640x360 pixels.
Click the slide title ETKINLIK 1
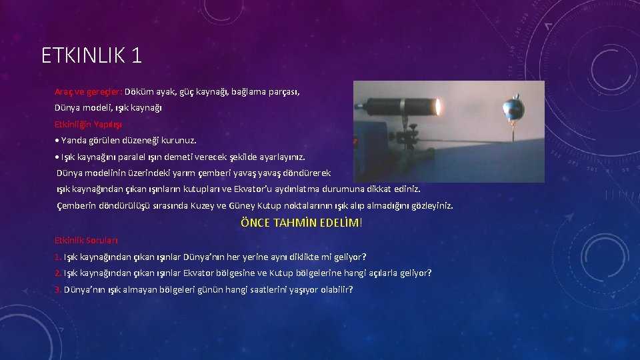click(x=91, y=55)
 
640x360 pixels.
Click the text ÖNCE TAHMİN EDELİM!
click(x=301, y=223)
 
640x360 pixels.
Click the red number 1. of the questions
click(x=58, y=257)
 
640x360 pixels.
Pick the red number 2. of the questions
click(x=58, y=273)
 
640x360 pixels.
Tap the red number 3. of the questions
click(x=58, y=289)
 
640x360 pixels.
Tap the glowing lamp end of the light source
click(x=438, y=107)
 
